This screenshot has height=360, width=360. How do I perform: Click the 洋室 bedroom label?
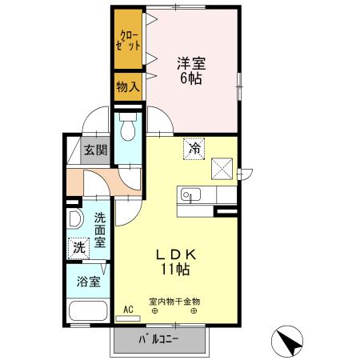pyautogui.click(x=191, y=63)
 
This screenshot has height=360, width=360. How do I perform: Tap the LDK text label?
pyautogui.click(x=176, y=255)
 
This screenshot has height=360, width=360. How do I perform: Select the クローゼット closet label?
pyautogui.click(x=128, y=41)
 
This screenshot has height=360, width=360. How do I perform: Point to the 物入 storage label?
pyautogui.click(x=128, y=86)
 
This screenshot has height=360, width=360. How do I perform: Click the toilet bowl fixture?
pyautogui.click(x=128, y=127)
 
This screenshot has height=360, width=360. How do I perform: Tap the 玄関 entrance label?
pyautogui.click(x=95, y=150)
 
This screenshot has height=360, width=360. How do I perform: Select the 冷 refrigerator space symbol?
pyautogui.click(x=194, y=149)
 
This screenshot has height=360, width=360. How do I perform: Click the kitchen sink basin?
pyautogui.click(x=190, y=194)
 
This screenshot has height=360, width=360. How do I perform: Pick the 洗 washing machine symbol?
pyautogui.click(x=78, y=248)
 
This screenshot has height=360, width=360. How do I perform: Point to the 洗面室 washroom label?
pyautogui.click(x=100, y=230)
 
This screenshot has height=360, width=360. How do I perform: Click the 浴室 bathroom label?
pyautogui.click(x=89, y=282)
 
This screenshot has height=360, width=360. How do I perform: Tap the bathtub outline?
pyautogui.click(x=88, y=311)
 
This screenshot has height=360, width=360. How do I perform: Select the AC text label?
pyautogui.click(x=128, y=310)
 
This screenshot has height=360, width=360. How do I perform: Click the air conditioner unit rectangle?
pyautogui.click(x=128, y=318)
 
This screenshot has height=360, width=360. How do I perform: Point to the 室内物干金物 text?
pyautogui.click(x=174, y=302)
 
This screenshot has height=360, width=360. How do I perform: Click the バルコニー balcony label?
pyautogui.click(x=158, y=339)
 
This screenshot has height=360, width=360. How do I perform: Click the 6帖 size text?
pyautogui.click(x=191, y=78)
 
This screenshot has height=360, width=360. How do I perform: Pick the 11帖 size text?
pyautogui.click(x=175, y=270)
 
